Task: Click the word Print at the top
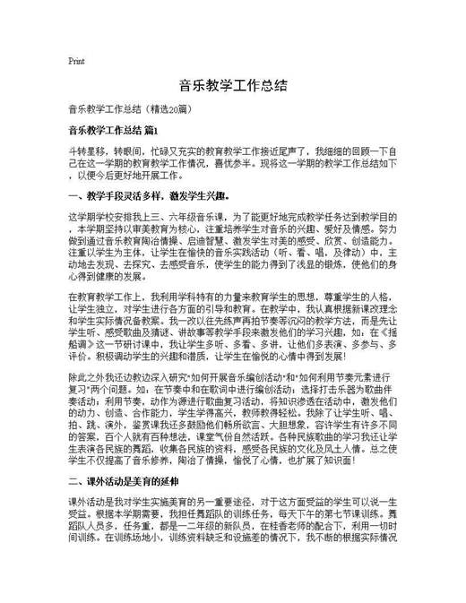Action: (x=75, y=61)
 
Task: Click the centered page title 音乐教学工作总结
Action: (x=232, y=86)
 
